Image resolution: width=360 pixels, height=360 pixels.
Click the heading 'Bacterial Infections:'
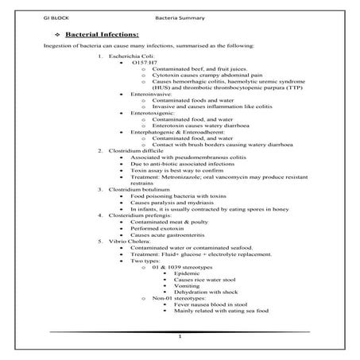coord(103,35)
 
